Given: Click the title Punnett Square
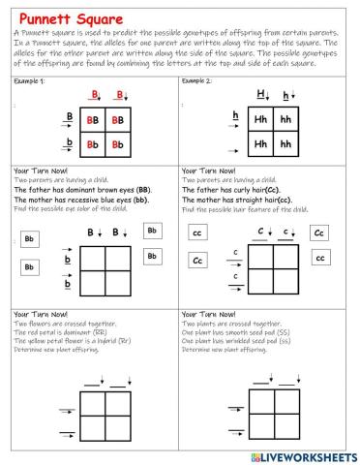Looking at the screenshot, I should point(71,17).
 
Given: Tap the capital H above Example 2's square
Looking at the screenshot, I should point(261,95).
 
